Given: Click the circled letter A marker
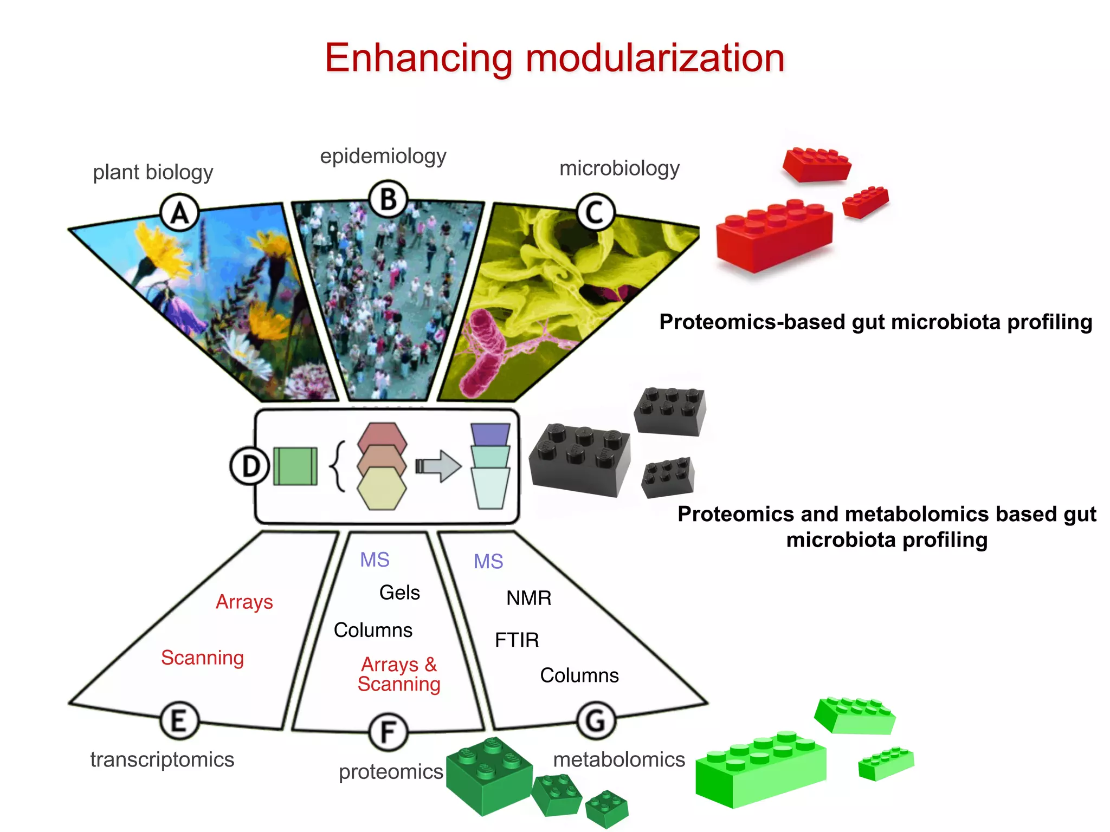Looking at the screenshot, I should [x=180, y=213].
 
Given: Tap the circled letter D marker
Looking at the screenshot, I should [x=250, y=466].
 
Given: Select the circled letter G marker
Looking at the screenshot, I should [x=596, y=721].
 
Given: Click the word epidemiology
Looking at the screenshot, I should [x=383, y=156].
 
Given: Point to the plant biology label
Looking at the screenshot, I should [x=153, y=172].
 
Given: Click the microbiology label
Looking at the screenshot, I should [x=619, y=168].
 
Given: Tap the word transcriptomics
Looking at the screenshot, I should [x=162, y=759].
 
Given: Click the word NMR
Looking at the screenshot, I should [x=528, y=598].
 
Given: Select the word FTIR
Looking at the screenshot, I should [x=517, y=640].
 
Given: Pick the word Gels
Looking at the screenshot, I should [x=399, y=593].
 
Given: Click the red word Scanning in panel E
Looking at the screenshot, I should [x=202, y=658].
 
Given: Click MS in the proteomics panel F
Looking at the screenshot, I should [x=375, y=560].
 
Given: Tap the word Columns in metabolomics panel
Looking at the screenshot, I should [x=579, y=675].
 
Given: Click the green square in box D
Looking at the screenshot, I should [x=295, y=466].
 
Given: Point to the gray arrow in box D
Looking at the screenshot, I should [x=439, y=466].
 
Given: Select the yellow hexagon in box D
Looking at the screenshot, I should [x=382, y=489].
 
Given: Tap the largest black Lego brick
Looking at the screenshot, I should [x=580, y=460].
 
